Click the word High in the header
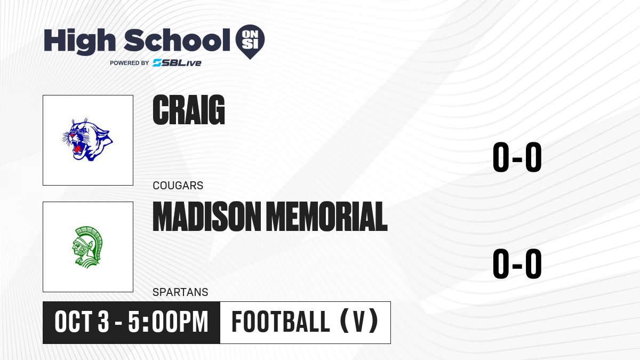(79, 41)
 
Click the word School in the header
(177, 41)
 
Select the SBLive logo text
(177, 63)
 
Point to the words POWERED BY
(130, 63)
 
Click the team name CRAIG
(189, 110)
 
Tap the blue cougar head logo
(87, 140)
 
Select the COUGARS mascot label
(178, 186)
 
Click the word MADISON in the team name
(207, 217)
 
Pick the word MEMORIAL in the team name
(327, 217)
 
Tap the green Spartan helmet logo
(87, 247)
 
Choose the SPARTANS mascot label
(180, 292)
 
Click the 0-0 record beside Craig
(517, 157)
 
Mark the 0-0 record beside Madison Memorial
(517, 263)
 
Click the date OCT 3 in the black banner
(82, 322)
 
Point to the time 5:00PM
(168, 322)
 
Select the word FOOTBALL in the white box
(281, 322)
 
